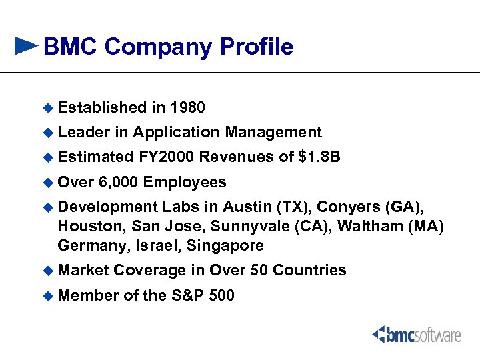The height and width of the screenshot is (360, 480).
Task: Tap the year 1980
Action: [x=187, y=107]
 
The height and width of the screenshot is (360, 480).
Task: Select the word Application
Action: [x=176, y=132]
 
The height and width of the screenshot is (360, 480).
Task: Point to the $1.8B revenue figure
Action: [x=319, y=157]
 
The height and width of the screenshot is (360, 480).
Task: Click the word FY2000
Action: [x=166, y=157]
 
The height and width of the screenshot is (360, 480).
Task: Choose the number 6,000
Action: [x=118, y=182]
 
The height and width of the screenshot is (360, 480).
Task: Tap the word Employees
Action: [x=185, y=182]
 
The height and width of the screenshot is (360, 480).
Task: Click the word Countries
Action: [x=309, y=270]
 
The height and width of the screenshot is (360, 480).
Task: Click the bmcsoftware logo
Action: [x=417, y=333]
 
